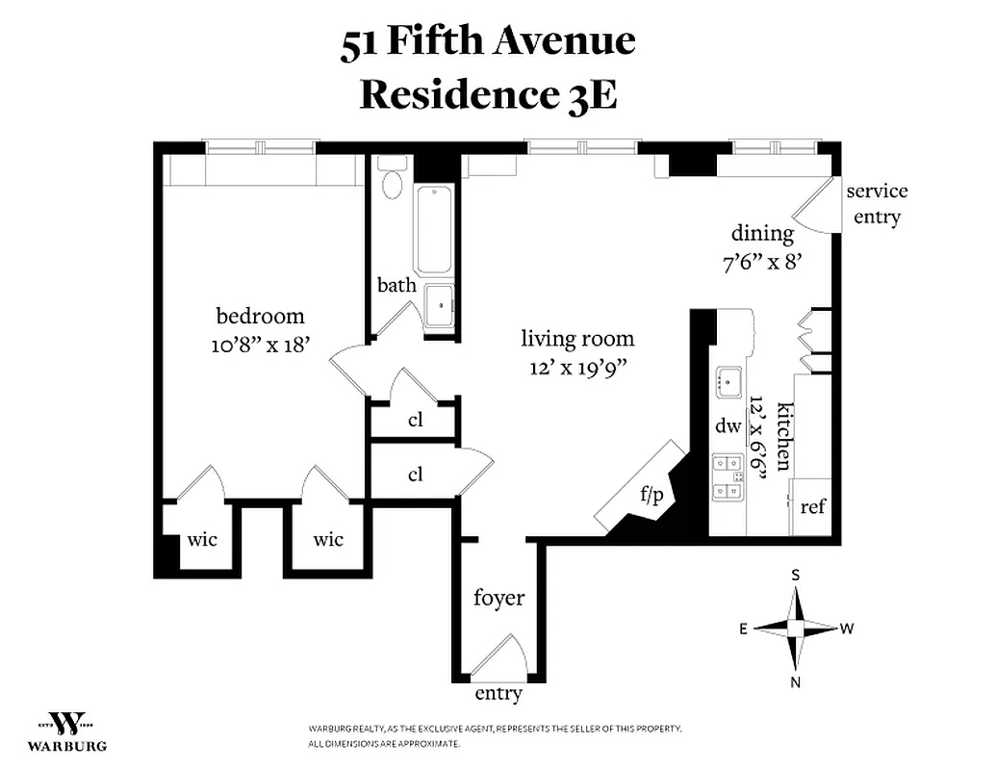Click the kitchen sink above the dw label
[727, 382]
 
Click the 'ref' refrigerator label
[813, 506]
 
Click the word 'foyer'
[498, 598]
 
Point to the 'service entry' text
[876, 203]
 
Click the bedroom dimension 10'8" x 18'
[260, 345]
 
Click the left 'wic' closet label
[202, 539]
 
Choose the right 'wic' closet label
[328, 539]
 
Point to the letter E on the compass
[743, 629]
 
